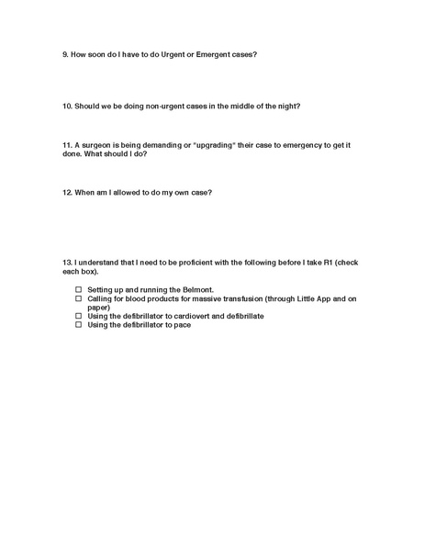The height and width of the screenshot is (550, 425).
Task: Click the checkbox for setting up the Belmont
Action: (x=79, y=289)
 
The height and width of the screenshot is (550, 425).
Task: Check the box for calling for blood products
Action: (x=79, y=298)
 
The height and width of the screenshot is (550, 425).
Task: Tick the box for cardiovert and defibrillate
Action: (x=79, y=316)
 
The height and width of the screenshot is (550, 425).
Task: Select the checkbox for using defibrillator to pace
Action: (x=79, y=325)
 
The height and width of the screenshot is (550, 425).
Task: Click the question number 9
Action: (x=65, y=54)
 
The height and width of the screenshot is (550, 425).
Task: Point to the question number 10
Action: (x=67, y=106)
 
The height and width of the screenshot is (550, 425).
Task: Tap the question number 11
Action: (x=67, y=145)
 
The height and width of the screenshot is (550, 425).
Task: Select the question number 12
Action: (x=67, y=193)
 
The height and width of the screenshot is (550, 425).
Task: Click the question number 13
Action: (x=67, y=264)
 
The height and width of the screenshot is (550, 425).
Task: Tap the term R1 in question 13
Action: (x=319, y=264)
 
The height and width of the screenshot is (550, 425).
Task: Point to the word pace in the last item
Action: (x=182, y=325)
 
